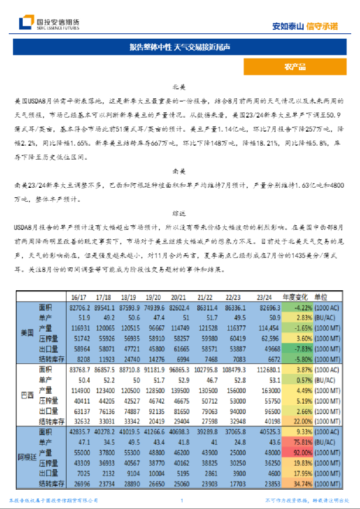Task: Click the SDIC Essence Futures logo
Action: (x=49, y=23)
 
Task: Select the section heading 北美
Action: (x=179, y=87)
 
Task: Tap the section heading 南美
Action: (x=179, y=173)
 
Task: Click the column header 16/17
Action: (x=78, y=297)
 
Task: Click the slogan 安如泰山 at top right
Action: (x=288, y=26)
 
